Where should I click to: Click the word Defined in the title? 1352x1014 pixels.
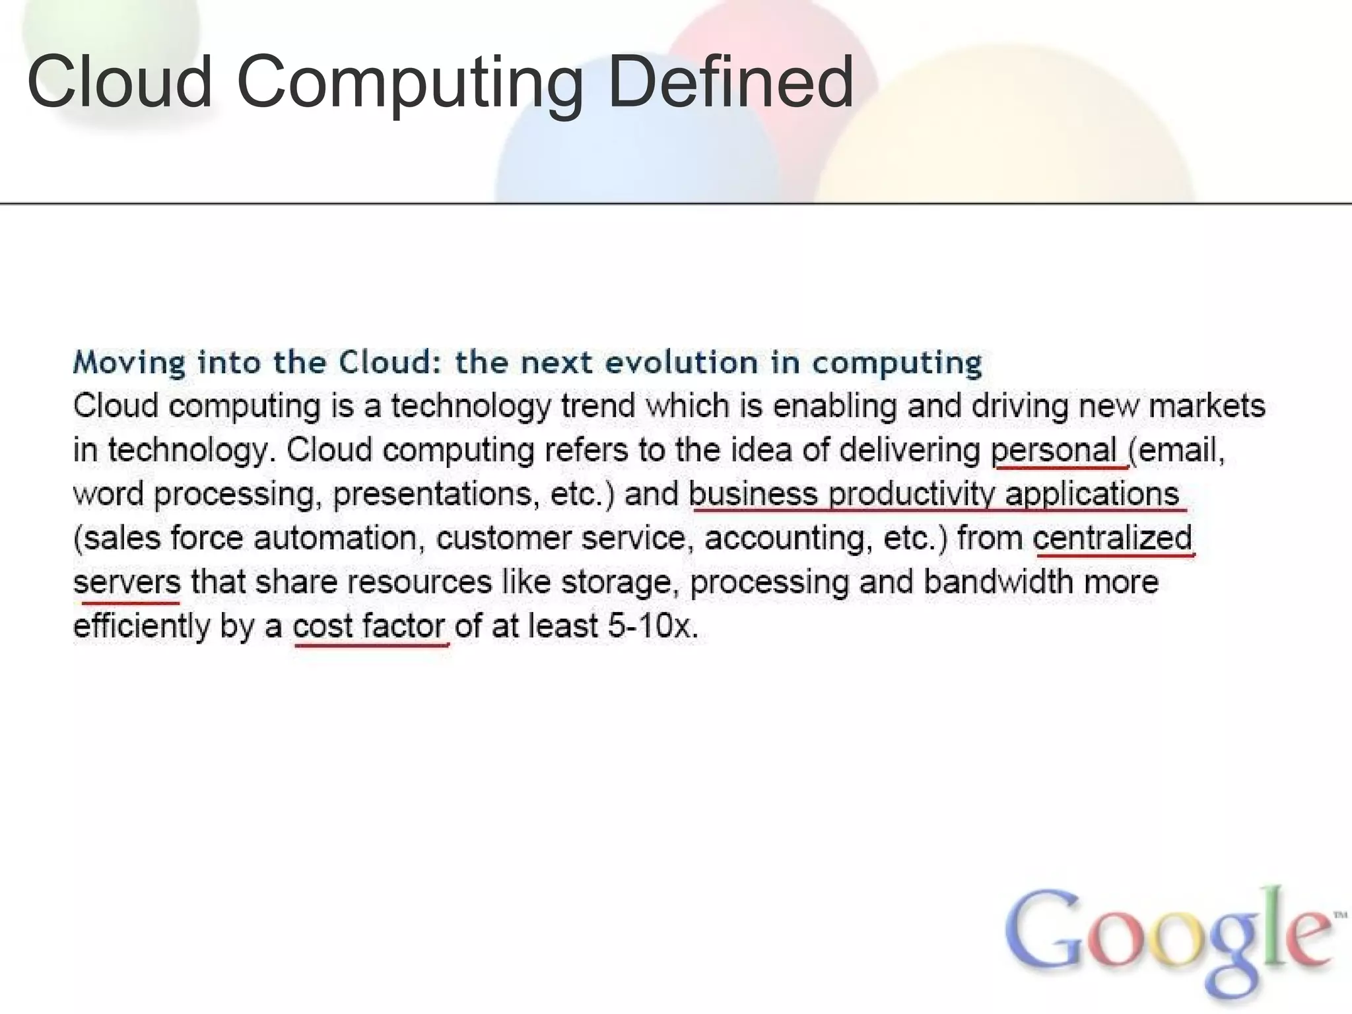(x=730, y=82)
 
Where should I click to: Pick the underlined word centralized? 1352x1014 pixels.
(x=1112, y=537)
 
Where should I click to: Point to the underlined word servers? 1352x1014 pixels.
(x=127, y=582)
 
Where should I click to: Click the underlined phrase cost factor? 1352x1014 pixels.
(x=369, y=626)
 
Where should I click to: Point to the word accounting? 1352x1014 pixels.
(x=784, y=537)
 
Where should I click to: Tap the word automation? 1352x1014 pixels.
(x=336, y=537)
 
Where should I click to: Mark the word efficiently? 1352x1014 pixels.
(x=141, y=626)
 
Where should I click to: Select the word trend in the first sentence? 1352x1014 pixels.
(x=597, y=405)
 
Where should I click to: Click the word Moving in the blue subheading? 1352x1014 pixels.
(x=129, y=362)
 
